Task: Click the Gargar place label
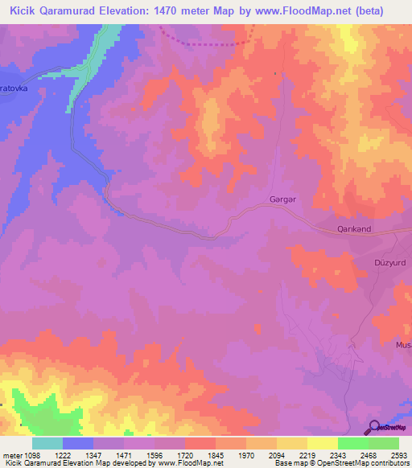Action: click(x=282, y=199)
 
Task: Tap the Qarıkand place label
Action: click(x=352, y=229)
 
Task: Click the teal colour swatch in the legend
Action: click(x=47, y=443)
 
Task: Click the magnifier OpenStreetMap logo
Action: click(x=374, y=427)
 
